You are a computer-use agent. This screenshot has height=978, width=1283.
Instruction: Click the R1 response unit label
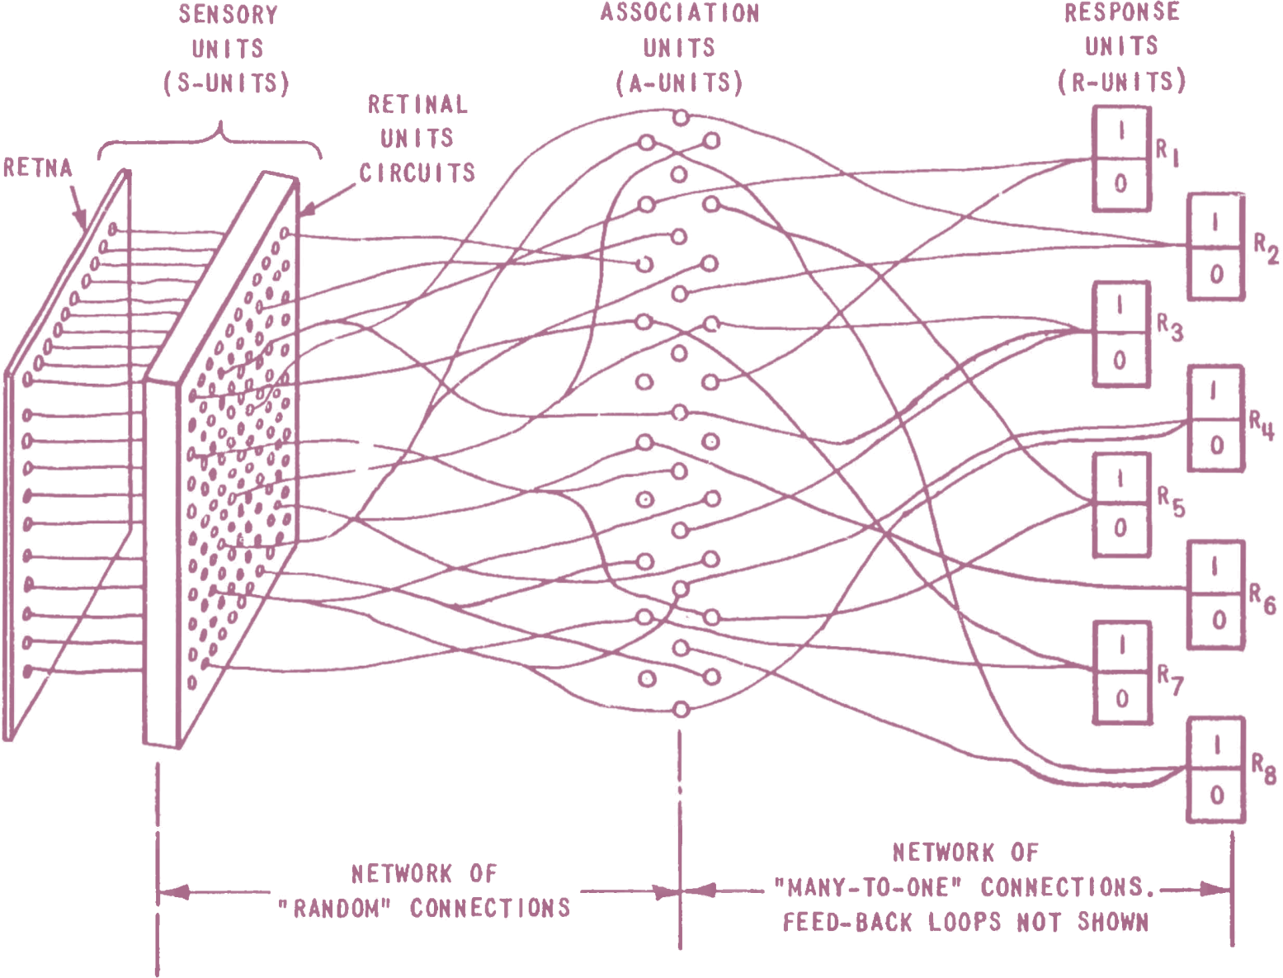pyautogui.click(x=1167, y=154)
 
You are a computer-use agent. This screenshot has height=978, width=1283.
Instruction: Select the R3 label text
pyautogui.click(x=1170, y=328)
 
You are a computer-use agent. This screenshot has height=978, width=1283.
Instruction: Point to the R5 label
pyautogui.click(x=1171, y=502)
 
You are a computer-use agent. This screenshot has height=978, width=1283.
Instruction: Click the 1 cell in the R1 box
pyautogui.click(x=1120, y=131)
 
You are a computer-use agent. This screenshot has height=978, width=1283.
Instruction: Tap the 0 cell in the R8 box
pyautogui.click(x=1215, y=796)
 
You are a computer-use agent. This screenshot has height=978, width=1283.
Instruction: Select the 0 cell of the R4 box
pyautogui.click(x=1215, y=446)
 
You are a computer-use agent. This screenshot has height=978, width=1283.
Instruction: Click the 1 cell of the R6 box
pyautogui.click(x=1215, y=567)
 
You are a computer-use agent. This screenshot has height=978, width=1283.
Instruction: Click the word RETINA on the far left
pyautogui.click(x=38, y=168)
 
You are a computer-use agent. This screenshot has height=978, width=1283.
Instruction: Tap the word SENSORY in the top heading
pyautogui.click(x=228, y=15)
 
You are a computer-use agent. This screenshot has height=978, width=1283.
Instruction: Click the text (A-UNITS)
pyautogui.click(x=679, y=83)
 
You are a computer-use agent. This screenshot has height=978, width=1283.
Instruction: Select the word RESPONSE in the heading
pyautogui.click(x=1122, y=12)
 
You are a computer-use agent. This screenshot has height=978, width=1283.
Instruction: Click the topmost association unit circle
pyautogui.click(x=680, y=119)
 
